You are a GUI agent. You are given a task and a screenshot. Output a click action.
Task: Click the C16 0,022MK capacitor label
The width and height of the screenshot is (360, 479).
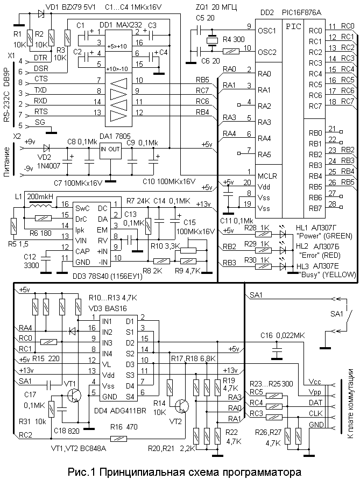(283, 335)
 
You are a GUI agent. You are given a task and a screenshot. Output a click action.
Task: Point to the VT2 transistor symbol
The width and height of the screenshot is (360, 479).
(184, 405)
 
